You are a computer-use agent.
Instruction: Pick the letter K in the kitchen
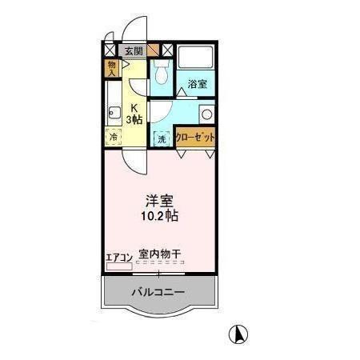click(134, 109)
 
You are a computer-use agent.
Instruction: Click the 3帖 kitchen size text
click(134, 120)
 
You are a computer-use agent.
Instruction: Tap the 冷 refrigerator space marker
click(114, 137)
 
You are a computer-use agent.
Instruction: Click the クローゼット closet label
click(196, 137)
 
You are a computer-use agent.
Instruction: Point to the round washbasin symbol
click(207, 114)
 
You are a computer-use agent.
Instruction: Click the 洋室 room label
click(160, 201)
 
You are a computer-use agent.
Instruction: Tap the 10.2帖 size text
click(160, 216)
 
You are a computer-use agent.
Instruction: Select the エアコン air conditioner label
click(119, 257)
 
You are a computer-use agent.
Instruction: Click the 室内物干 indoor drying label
click(160, 255)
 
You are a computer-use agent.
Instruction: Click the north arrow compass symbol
click(238, 334)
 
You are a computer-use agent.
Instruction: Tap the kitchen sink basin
click(113, 112)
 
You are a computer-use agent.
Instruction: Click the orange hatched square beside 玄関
click(152, 50)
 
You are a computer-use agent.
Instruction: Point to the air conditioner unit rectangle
click(119, 266)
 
